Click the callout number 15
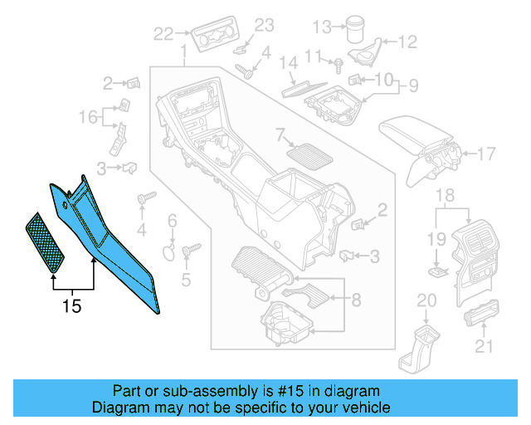pos(72,306)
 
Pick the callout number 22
pos(163,34)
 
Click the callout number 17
pos(487,154)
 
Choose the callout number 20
pos(426,300)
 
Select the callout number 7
pos(280,134)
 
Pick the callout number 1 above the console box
pos(183,54)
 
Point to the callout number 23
pos(263,26)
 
